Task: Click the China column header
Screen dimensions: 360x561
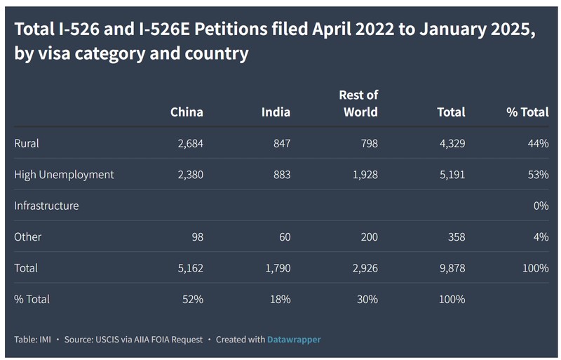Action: point(187,112)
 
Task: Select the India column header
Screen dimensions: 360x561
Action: point(276,112)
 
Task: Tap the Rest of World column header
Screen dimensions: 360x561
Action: point(358,104)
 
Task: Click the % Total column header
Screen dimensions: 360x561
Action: point(527,112)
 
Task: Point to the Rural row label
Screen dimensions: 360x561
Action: point(27,143)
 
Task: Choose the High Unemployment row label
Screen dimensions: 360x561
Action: point(64,174)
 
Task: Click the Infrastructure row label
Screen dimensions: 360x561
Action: point(46,206)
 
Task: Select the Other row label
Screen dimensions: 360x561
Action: point(28,236)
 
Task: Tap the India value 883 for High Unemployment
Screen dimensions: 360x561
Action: point(280,174)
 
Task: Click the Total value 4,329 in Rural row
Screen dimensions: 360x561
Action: point(451,143)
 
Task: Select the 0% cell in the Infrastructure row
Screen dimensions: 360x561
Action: point(540,206)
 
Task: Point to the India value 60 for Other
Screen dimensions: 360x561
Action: point(283,236)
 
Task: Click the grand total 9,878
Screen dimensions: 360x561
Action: point(451,268)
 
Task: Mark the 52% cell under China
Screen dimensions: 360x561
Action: point(193,299)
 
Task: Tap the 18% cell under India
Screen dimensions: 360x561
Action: point(280,299)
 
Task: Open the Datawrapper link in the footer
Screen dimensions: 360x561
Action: point(294,340)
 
